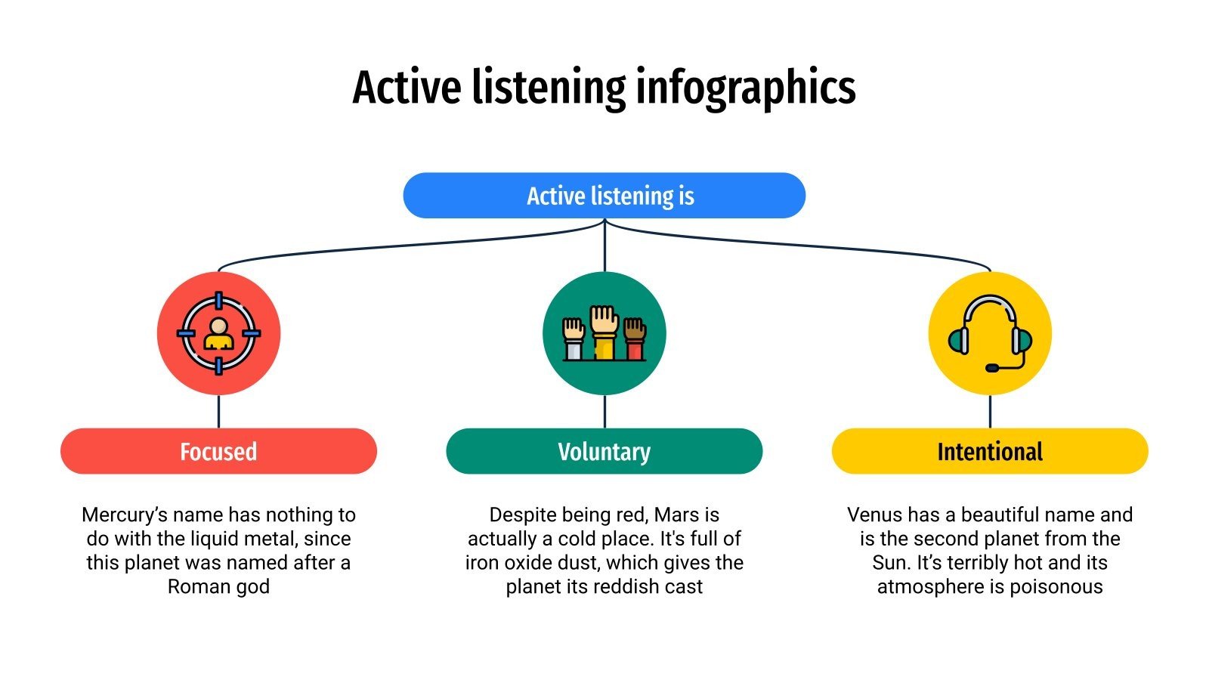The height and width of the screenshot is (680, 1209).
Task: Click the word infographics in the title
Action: [x=745, y=88]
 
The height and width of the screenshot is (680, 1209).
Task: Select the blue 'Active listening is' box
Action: [x=604, y=196]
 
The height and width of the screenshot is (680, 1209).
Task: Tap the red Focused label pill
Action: [x=218, y=452]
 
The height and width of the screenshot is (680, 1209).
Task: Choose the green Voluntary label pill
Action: [x=604, y=452]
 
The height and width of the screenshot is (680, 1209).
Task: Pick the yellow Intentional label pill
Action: [x=990, y=452]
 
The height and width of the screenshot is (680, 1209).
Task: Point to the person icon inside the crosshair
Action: [x=218, y=333]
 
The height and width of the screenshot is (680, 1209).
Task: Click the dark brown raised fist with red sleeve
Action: [x=635, y=338]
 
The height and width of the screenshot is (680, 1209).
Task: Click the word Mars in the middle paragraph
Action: [x=676, y=515]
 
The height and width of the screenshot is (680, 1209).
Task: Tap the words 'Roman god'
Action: [x=218, y=587]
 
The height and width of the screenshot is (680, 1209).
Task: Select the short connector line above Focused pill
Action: [x=218, y=412]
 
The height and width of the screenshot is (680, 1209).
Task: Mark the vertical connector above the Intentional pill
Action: [x=990, y=412]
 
